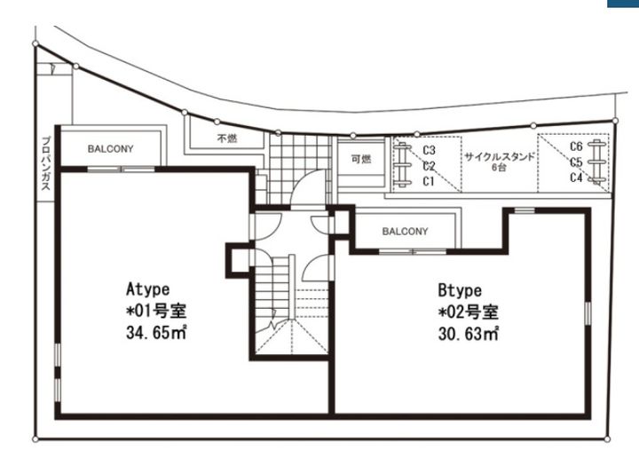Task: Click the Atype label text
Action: coord(148,288)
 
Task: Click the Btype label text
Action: coord(460,290)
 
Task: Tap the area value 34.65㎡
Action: coord(156,332)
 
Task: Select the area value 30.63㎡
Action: coord(469,334)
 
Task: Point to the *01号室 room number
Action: coord(156,311)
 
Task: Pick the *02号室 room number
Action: coord(469,312)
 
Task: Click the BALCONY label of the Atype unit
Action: coord(110,149)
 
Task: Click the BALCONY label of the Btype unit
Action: coord(405,232)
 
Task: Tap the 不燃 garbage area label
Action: coord(227,138)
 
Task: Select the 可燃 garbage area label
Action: coord(361,159)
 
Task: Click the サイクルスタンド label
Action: coord(499,157)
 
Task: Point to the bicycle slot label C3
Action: coord(429,150)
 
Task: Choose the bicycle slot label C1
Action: coord(429,181)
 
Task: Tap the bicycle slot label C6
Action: coord(576,146)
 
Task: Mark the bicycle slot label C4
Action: coord(576,178)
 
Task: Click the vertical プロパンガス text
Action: coord(46,163)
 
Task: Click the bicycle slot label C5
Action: coord(576,162)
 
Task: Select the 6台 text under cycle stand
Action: coord(499,167)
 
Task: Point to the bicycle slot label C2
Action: coord(429,166)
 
